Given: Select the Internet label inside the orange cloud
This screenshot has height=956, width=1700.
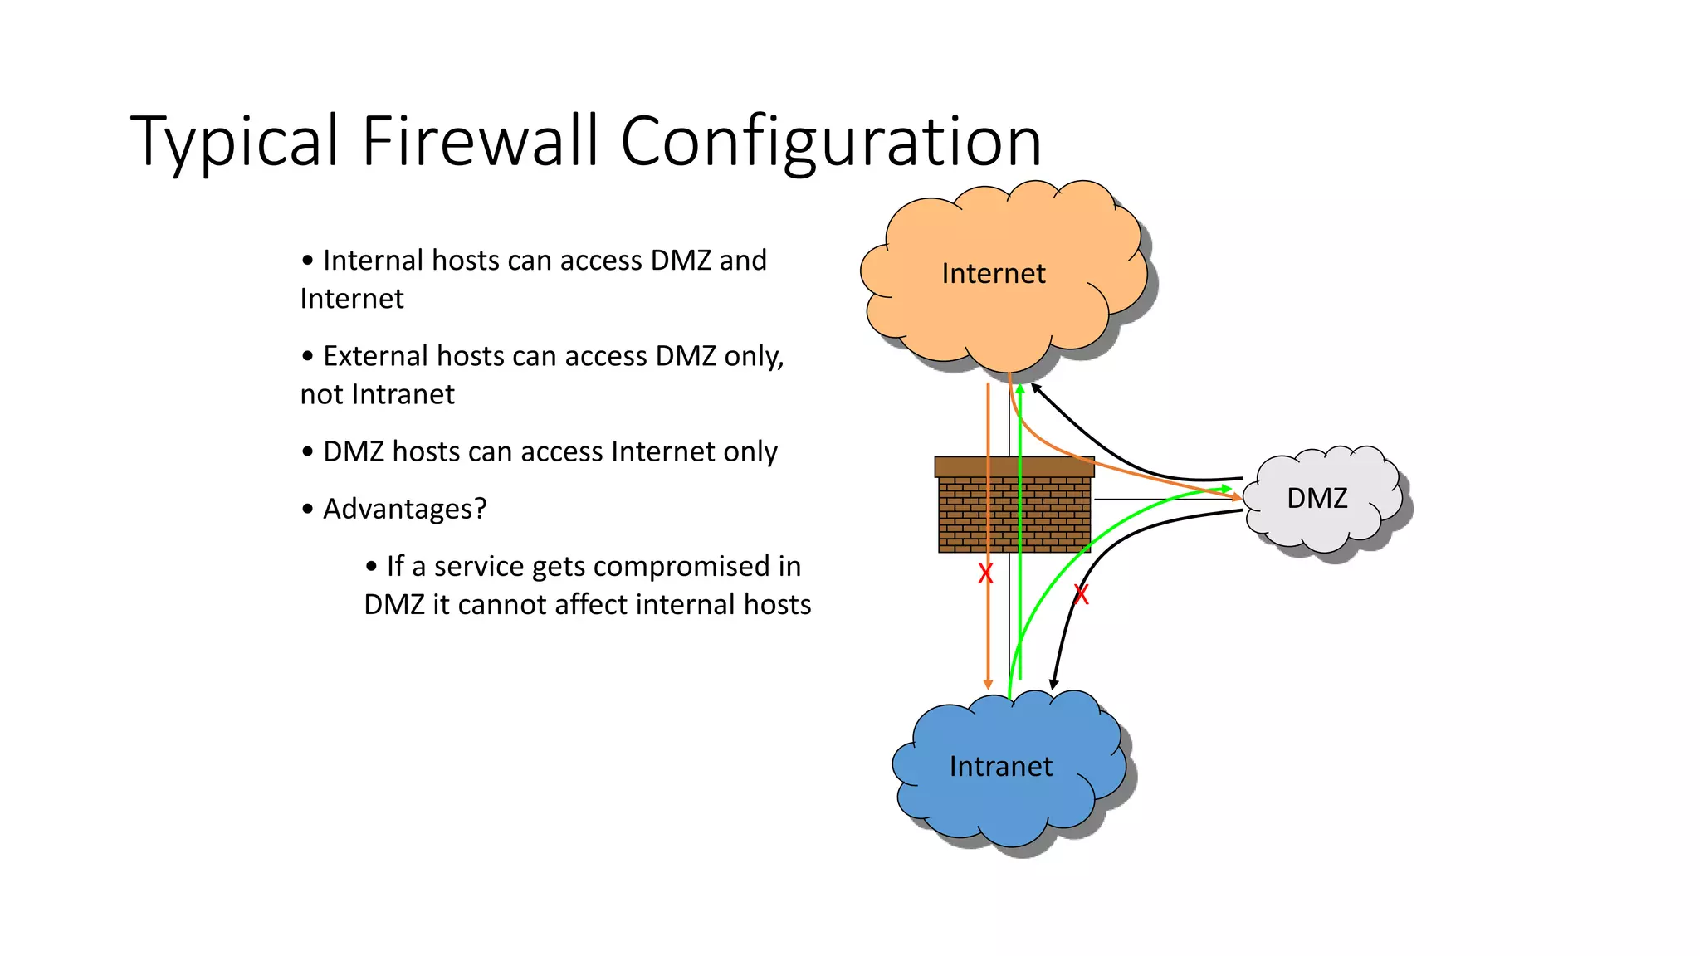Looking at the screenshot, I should tap(993, 274).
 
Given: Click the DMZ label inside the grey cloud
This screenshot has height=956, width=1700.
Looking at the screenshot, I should tap(1317, 499).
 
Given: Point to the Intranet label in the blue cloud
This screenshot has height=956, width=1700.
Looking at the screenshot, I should tap(1000, 767).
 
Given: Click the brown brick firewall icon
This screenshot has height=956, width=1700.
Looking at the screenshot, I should tap(1014, 506).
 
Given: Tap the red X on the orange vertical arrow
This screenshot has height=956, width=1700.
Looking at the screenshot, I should tap(985, 573).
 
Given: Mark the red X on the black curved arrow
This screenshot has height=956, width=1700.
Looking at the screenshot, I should tap(1081, 594).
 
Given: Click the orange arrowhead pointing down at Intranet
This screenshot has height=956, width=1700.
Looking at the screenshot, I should tap(988, 684).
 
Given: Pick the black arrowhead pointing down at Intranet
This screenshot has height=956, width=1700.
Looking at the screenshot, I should tap(1053, 684).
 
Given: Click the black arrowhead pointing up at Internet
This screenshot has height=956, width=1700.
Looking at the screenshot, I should tap(1036, 388).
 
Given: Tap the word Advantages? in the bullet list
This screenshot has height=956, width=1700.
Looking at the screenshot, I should tap(404, 509).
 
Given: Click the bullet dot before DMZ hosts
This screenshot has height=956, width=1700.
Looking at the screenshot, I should tap(308, 452).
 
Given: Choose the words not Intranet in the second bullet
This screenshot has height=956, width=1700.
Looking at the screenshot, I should tap(377, 394).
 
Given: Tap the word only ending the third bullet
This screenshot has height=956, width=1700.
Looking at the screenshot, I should tap(750, 452).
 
